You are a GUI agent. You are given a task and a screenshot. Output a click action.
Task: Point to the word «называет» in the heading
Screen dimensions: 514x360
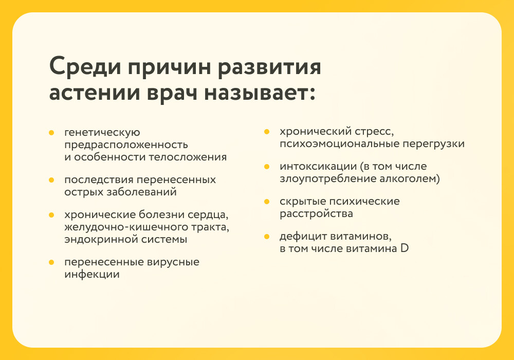click(259, 93)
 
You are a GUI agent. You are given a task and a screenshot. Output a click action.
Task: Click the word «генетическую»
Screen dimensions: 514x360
click(102, 133)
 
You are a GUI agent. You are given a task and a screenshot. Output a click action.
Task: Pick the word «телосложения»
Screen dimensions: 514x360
click(188, 157)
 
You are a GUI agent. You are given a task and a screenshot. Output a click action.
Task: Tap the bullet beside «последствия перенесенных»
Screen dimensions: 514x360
click(51, 180)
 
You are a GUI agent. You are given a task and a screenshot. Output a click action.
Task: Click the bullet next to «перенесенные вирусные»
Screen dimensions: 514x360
click(51, 262)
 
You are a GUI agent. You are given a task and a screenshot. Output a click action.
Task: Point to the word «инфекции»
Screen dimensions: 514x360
click(92, 274)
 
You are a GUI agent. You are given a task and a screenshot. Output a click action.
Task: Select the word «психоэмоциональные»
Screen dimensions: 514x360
click(338, 144)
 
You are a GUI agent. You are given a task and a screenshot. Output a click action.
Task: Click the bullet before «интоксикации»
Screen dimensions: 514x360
click(267, 167)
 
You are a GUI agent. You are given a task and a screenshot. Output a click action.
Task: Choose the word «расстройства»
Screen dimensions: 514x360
click(316, 214)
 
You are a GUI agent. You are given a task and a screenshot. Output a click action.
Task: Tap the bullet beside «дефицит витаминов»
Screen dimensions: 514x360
click(267, 237)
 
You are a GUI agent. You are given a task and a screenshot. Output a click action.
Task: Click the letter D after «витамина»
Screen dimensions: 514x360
click(405, 248)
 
